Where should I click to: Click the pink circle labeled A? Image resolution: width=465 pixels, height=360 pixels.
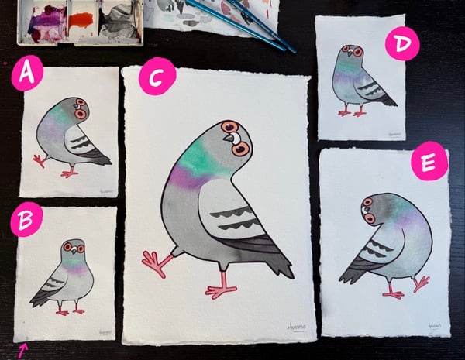(28, 75)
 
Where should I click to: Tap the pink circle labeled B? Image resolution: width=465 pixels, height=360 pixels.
(26, 223)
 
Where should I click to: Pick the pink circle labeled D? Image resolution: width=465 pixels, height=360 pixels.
(401, 46)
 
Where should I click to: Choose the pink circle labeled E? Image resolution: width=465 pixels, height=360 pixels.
(429, 162)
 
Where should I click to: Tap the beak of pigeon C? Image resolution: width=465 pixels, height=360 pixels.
(231, 139)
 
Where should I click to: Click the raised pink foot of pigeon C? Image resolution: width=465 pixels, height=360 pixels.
(156, 263)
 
